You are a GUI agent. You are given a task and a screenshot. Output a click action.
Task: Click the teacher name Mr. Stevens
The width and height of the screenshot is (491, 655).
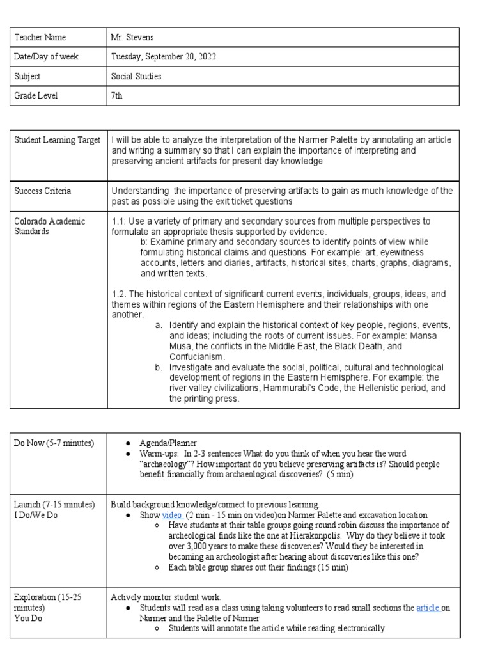[133, 38]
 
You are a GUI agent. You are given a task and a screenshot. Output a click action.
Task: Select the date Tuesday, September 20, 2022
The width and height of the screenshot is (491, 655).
[164, 57]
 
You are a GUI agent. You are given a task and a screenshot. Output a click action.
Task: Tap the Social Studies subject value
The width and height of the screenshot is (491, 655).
[136, 76]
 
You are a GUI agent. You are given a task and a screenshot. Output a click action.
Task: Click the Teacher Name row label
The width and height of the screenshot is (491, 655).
[40, 38]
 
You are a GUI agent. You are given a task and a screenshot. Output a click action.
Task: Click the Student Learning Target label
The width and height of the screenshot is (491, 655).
[57, 140]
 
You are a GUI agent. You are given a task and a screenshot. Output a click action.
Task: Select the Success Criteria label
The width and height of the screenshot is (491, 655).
[43, 191]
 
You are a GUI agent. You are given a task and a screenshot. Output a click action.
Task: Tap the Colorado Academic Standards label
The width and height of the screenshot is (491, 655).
[49, 226]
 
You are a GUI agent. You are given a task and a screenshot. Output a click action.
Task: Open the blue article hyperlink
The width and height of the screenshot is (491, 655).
[428, 608]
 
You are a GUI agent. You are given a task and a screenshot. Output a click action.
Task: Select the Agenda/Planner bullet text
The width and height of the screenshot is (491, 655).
[169, 443]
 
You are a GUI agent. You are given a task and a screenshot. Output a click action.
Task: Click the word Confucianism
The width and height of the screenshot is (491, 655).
[197, 356]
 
